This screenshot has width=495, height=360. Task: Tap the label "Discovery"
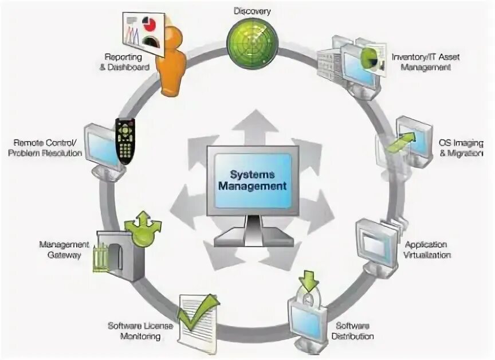tap(252, 11)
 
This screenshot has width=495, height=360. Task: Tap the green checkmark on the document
tap(198, 309)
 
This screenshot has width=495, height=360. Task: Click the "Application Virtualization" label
tap(426, 249)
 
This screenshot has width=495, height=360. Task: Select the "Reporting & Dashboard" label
tap(127, 62)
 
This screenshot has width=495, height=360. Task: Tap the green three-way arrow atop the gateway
tap(143, 227)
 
